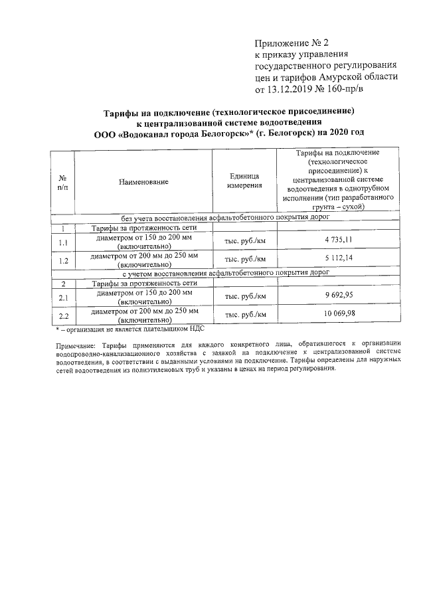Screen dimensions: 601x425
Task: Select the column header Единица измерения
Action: click(x=245, y=181)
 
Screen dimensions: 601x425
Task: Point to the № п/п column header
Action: click(x=63, y=181)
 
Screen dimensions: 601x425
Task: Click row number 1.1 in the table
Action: click(x=63, y=240)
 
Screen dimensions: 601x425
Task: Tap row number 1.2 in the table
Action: click(x=63, y=260)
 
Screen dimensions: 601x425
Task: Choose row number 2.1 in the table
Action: click(x=63, y=296)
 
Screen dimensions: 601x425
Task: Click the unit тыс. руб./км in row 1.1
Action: click(x=245, y=240)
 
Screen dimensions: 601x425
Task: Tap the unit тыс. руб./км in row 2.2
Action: click(x=245, y=314)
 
